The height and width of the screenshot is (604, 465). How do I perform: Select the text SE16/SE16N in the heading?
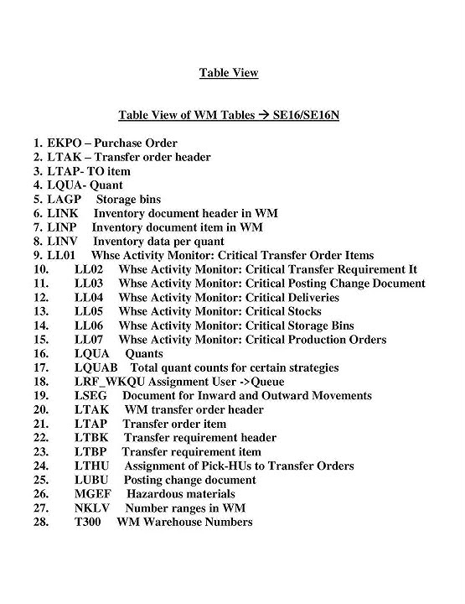306,114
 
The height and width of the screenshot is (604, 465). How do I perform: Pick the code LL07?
89,340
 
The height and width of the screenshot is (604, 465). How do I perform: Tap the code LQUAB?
95,367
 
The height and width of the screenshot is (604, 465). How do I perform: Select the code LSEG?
90,396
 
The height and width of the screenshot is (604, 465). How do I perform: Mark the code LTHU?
91,466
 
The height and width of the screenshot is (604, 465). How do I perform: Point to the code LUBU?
91,480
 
